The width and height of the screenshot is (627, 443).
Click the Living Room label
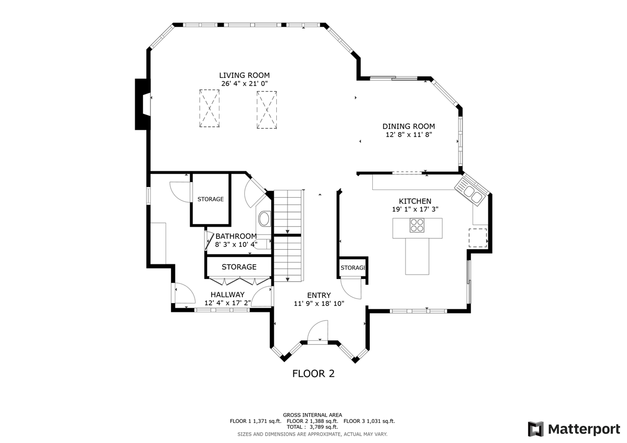coord(244,75)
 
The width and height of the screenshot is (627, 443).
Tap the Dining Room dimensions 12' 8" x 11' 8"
coord(409,135)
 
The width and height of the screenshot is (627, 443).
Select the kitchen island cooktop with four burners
coord(417,225)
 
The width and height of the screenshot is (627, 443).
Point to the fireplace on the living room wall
coord(143,105)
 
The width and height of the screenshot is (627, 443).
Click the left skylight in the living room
coord(209,108)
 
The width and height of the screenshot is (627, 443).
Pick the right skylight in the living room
coord(266,110)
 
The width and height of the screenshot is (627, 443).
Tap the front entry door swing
coord(318,331)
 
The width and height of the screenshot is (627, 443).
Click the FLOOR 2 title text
coord(313,374)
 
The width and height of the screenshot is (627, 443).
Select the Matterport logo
coord(574,429)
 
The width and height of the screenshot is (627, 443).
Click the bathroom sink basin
coord(264,218)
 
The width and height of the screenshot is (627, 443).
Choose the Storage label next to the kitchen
coord(353,268)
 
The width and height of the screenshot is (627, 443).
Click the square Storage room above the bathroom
coord(211,199)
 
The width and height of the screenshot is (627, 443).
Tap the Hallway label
coord(227,295)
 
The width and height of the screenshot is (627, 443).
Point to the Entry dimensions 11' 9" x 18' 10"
coord(319,303)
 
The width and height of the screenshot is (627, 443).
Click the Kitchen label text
coord(415,201)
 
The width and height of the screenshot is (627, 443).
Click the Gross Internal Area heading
coord(313,415)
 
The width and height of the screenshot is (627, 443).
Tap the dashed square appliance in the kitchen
coord(478,237)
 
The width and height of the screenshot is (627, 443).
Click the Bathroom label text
coord(236,236)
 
